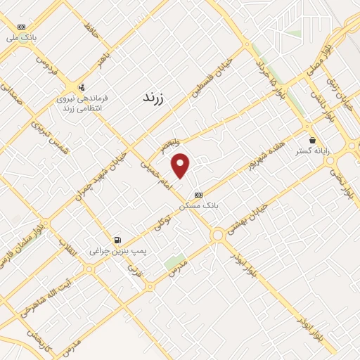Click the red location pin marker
[x=181, y=165]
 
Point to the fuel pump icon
[x=117, y=240]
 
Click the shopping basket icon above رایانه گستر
[x=312, y=140]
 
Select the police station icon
[x=82, y=88]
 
